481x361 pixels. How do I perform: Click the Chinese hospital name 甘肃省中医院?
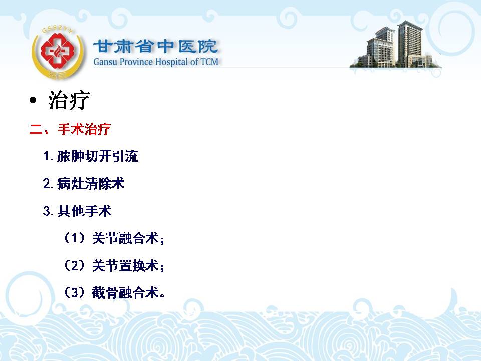point(155,46)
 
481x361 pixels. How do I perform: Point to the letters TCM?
point(209,62)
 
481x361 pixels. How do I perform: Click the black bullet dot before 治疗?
point(33,100)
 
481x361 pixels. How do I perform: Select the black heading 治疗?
point(69,100)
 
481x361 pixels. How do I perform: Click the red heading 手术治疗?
point(84,129)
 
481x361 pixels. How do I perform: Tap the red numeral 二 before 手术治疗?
point(36,129)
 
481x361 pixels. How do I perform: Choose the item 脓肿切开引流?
point(98,156)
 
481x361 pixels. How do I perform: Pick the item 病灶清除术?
point(91,184)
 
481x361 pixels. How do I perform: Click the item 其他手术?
point(84,211)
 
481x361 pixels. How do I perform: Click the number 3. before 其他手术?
point(48,211)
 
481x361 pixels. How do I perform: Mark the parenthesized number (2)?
point(74,265)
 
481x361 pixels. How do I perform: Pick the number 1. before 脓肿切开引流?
point(48,156)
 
